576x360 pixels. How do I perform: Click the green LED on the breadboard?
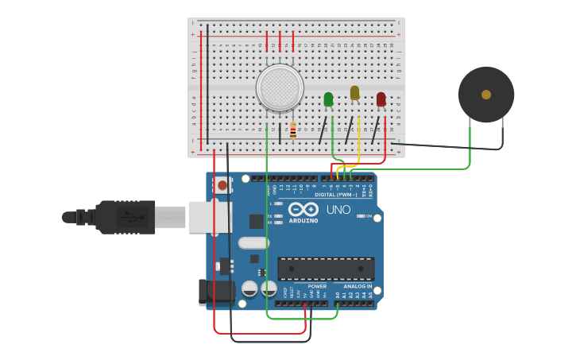pyautogui.click(x=328, y=99)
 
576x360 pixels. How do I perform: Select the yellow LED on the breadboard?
pyautogui.click(x=354, y=93)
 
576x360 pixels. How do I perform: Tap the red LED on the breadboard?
pyautogui.click(x=381, y=99)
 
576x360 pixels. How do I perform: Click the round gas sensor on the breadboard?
pyautogui.click(x=280, y=87)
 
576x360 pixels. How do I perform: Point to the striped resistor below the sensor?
pyautogui.click(x=293, y=130)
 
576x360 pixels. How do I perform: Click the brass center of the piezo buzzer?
pyautogui.click(x=485, y=95)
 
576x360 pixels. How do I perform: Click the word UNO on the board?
pyautogui.click(x=338, y=210)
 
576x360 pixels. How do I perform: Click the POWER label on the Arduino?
pyautogui.click(x=316, y=286)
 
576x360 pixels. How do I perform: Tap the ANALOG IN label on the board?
pyautogui.click(x=358, y=286)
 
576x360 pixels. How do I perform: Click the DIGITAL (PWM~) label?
pyautogui.click(x=335, y=194)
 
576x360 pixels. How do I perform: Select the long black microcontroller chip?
pyautogui.click(x=325, y=269)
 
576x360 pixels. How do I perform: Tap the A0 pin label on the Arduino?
pyautogui.click(x=337, y=294)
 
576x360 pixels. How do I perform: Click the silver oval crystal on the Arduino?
pyautogui.click(x=253, y=243)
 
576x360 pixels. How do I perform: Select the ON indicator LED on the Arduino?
pyautogui.click(x=361, y=216)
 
